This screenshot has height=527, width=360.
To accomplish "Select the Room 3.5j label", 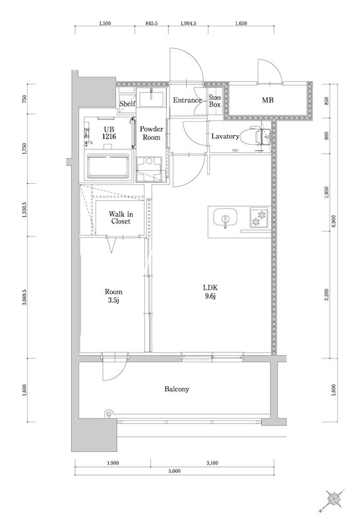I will (x=113, y=296).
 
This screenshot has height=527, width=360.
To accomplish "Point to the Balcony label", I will (x=177, y=389).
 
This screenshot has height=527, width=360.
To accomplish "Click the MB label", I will (x=268, y=101).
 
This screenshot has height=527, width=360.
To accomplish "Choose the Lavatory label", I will (x=224, y=136).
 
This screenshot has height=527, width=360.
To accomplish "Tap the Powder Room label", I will (x=151, y=134).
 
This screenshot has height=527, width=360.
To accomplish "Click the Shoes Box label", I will (x=215, y=101).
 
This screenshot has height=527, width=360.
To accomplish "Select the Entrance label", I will (x=187, y=101).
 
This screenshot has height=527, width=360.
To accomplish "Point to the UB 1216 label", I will (x=109, y=133).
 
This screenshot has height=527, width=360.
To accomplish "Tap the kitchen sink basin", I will (x=225, y=219).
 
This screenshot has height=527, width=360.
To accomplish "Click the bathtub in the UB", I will (x=108, y=165).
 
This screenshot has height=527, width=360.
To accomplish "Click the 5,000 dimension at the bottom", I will (x=174, y=472).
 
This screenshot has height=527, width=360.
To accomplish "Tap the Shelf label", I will (x=128, y=104).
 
